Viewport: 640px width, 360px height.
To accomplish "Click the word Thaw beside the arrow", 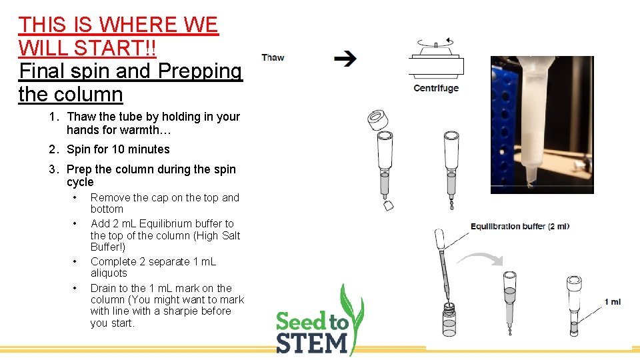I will (x=273, y=57).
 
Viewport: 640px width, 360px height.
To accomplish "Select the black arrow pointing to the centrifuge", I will (x=345, y=59).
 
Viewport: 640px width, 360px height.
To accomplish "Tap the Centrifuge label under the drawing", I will (x=436, y=88).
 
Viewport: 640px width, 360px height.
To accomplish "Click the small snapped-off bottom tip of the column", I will (x=387, y=207).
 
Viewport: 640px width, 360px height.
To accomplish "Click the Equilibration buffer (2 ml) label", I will (x=520, y=226).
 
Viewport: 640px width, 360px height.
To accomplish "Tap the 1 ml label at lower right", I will (x=613, y=302).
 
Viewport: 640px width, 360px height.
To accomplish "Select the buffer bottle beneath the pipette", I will (x=451, y=320).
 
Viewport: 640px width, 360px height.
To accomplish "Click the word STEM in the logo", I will (x=312, y=343).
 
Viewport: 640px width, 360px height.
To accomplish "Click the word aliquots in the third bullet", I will (x=109, y=273).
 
